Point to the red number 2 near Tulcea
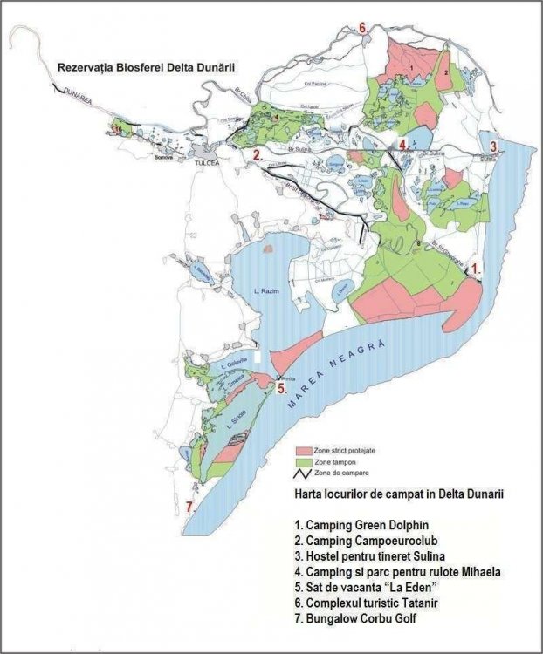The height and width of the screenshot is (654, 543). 257,154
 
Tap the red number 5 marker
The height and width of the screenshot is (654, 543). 281,385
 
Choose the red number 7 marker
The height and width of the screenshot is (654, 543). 189,507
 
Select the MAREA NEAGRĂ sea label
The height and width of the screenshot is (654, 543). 340,374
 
